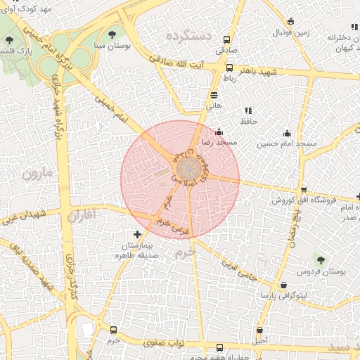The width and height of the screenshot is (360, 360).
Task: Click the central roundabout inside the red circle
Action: pos(188,169)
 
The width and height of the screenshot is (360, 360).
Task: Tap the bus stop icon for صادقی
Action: pos(226,39)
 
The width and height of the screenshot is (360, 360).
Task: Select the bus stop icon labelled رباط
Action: pos(230,68)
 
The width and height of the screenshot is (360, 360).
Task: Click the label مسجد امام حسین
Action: pos(287,143)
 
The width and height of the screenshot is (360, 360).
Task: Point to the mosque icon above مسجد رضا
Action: pos(219,131)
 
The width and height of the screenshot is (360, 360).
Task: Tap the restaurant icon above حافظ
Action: pos(247,110)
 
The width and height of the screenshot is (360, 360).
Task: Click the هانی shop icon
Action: pos(214,95)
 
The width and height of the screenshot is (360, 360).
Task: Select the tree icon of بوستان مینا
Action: pos(112,34)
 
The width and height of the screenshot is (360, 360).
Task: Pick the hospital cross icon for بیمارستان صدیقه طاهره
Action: pos(137,233)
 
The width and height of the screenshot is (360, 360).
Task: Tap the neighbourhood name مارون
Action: pos(36,172)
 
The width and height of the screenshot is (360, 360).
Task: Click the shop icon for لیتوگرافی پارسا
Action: pos(283,285)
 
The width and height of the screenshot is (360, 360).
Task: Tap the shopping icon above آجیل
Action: pos(260,330)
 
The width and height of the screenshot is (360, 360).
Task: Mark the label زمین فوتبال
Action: pos(291,32)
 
